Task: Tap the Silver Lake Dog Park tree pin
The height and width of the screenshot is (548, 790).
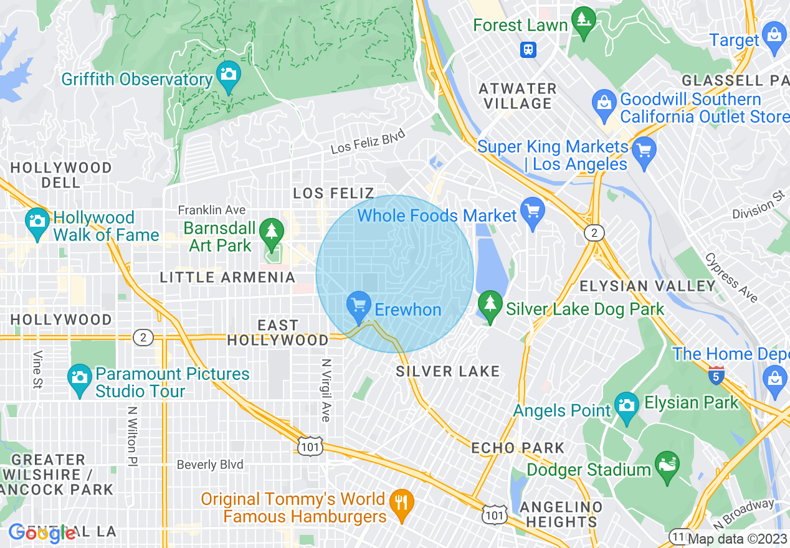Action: [x=490, y=305]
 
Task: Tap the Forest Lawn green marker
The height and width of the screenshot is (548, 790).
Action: [x=584, y=21]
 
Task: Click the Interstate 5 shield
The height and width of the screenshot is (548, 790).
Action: [x=716, y=376]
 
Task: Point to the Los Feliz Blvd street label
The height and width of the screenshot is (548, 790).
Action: [x=368, y=141]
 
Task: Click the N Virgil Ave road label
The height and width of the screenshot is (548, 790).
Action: [x=325, y=390]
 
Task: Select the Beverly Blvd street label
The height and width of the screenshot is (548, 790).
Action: [x=210, y=465]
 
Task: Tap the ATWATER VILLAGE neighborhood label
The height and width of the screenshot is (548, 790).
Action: [x=517, y=96]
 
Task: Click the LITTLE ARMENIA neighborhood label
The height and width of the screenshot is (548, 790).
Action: [x=227, y=277]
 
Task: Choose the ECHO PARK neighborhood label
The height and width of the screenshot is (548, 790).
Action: [x=518, y=448]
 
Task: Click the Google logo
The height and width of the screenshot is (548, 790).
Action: [x=42, y=532]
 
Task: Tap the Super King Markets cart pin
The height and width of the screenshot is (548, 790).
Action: [x=644, y=151]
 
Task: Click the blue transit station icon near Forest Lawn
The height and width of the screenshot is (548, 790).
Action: [x=528, y=49]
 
